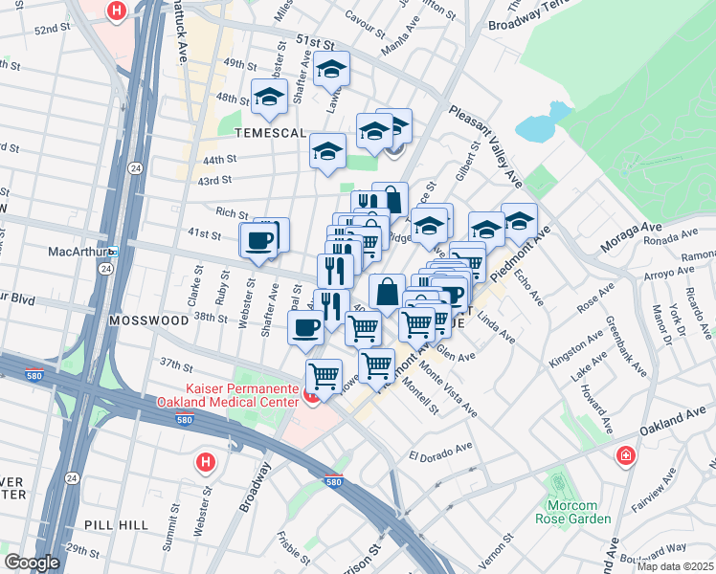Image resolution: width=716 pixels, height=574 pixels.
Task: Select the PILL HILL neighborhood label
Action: [x=114, y=525]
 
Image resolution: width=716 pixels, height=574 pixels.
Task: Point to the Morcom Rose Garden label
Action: [x=578, y=512]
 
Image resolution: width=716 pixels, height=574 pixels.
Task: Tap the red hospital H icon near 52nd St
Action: [x=116, y=11]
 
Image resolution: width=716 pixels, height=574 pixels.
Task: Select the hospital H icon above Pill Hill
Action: [x=204, y=463]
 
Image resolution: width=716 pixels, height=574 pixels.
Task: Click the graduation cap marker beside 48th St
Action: [x=269, y=97]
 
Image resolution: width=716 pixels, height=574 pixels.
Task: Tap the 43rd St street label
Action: [x=215, y=180]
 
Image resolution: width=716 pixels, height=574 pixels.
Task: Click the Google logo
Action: [x=32, y=563]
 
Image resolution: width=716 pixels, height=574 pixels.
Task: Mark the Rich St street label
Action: [x=232, y=212]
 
